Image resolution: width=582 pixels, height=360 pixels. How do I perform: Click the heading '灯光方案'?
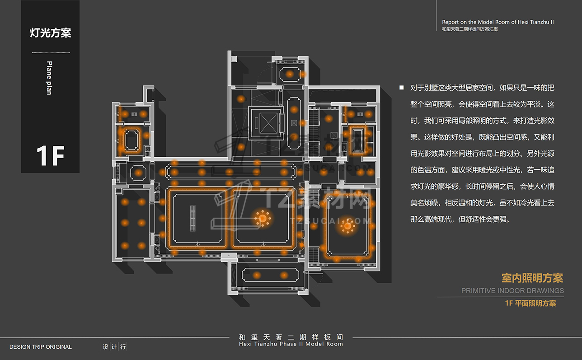(x=50, y=33)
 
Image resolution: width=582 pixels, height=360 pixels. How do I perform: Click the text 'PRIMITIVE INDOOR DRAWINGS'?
(x=512, y=290)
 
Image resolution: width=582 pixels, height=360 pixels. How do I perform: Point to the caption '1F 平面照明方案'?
(x=530, y=303)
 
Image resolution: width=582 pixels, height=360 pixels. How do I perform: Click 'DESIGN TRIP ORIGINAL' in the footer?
(x=40, y=347)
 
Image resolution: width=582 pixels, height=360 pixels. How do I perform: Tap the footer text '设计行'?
(x=114, y=347)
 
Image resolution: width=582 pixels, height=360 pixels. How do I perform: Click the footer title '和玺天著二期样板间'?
(x=291, y=337)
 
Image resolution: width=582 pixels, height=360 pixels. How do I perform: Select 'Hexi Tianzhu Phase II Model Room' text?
(x=291, y=344)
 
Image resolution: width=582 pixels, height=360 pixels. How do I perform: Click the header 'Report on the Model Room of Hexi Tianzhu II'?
(x=498, y=22)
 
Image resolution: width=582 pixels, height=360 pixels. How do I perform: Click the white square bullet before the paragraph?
(x=401, y=87)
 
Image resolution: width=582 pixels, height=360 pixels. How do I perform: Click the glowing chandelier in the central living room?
(x=262, y=219)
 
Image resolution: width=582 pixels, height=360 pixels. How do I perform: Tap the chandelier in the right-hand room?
(x=347, y=226)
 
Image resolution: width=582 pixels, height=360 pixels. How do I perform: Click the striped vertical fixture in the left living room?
(x=193, y=219)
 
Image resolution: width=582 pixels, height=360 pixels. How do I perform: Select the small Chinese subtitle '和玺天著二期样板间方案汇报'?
(x=470, y=29)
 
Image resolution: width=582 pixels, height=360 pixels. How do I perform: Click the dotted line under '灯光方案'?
(x=50, y=53)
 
